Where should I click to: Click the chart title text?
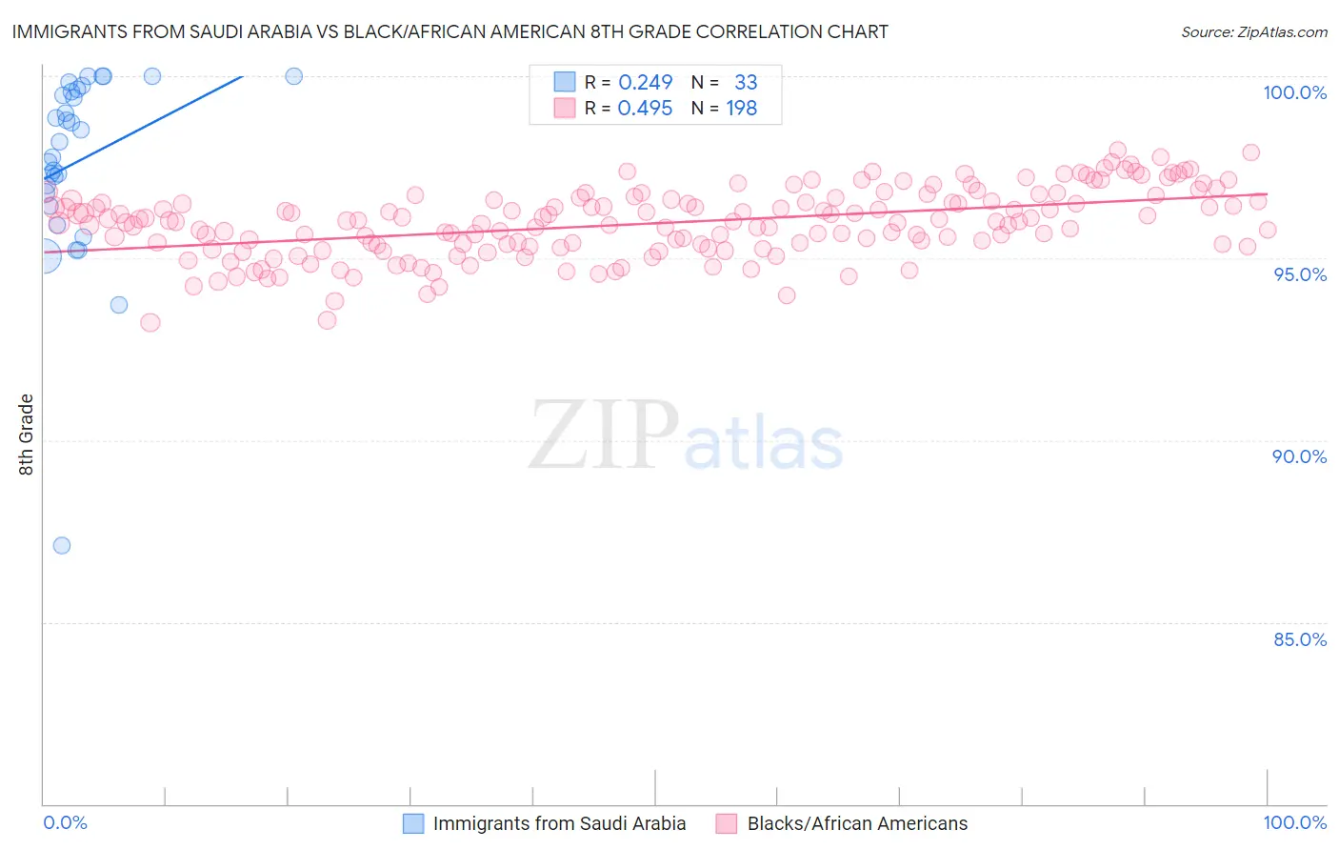(450, 31)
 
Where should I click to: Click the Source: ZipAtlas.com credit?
(1253, 31)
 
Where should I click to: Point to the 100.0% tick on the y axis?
(1294, 92)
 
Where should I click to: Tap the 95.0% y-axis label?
(1300, 274)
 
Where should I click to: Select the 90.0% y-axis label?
(1299, 456)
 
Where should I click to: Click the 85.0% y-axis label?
(1299, 639)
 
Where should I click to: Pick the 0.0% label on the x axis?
(65, 822)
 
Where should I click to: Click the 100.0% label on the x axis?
(1294, 822)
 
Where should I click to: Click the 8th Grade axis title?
(27, 435)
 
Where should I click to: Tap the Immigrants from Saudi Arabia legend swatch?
(413, 823)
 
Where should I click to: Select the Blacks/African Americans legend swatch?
(728, 823)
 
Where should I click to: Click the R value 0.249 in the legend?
(645, 82)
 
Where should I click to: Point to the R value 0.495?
(645, 109)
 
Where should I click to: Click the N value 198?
(742, 109)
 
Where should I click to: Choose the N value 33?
(746, 82)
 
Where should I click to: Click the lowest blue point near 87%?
(62, 545)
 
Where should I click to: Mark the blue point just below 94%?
(119, 305)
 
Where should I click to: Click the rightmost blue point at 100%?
(294, 76)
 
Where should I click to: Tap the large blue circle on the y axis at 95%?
(44, 255)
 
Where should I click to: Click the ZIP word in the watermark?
(604, 435)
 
